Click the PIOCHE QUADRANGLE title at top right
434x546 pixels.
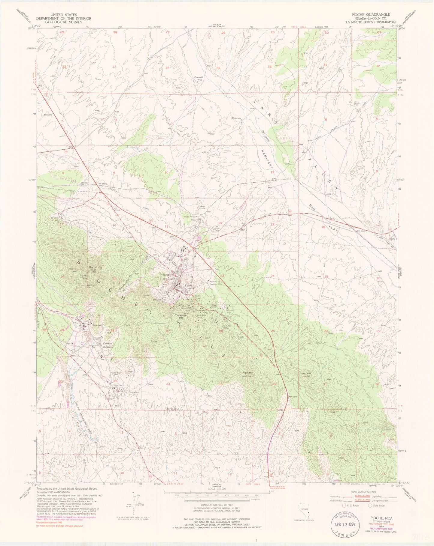click(373, 14)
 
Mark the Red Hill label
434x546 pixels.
click(248, 372)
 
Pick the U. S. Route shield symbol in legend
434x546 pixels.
click(340, 506)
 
